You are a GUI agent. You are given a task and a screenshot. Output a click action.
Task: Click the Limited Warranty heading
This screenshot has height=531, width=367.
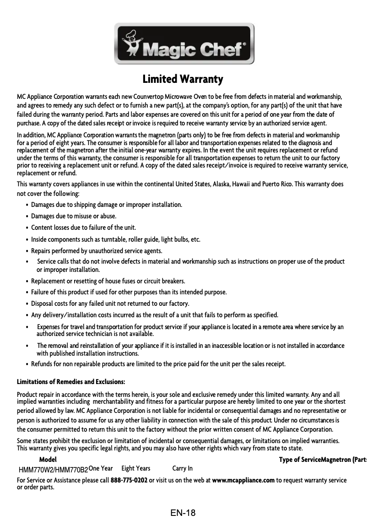183,79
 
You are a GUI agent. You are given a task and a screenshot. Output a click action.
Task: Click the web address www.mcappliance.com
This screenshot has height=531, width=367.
243,480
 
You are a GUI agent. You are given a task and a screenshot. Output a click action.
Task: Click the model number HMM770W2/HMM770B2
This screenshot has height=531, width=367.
53,469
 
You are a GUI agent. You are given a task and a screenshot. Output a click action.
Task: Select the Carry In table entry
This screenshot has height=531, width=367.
182,468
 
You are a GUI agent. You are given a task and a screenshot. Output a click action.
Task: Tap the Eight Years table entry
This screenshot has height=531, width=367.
136,468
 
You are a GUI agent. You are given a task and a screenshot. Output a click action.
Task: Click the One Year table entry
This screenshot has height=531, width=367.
101,468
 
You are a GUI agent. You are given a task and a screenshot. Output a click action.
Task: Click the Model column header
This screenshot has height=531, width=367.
48,459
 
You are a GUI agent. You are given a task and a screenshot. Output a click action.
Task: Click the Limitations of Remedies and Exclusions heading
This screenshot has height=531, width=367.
71,382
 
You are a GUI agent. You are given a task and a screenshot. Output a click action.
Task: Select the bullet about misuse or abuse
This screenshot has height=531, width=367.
73,216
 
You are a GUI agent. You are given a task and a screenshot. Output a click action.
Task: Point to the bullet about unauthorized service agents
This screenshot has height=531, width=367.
97,251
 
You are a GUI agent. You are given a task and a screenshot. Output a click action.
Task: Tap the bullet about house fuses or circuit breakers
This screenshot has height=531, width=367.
108,281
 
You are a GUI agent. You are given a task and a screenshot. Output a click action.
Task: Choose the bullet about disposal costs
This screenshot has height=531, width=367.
110,303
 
